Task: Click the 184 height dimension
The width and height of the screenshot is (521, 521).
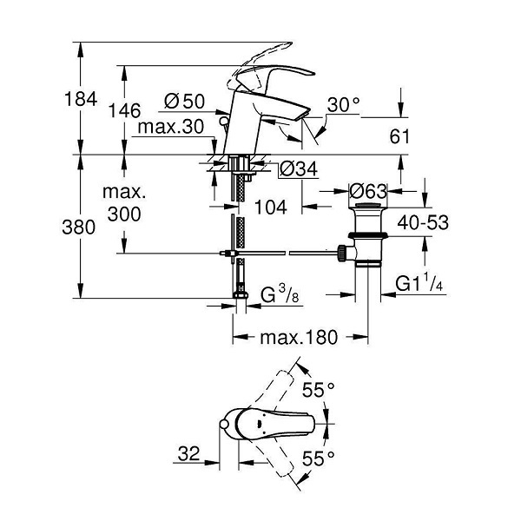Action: point(81,99)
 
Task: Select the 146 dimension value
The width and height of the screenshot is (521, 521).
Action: point(125,110)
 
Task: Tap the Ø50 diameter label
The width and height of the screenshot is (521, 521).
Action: point(185,102)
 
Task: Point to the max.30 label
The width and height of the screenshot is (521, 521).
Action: point(170,127)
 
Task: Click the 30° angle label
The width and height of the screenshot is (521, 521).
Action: point(343,105)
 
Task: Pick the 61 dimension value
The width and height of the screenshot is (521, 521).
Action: point(399,136)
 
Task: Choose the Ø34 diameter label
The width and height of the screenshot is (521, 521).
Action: point(299,168)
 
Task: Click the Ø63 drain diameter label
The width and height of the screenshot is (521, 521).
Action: point(368,191)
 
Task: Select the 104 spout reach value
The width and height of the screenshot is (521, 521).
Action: point(270,207)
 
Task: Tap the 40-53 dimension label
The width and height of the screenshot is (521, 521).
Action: point(423,222)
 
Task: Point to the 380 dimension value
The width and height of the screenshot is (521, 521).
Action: point(79,228)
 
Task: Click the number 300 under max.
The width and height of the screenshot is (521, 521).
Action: point(124,214)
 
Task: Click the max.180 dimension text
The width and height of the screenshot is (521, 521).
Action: point(299,337)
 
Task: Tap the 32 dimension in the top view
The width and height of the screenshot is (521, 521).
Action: point(188,453)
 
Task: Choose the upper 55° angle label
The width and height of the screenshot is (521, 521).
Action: point(319,389)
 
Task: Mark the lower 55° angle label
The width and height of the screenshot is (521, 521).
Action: point(319,458)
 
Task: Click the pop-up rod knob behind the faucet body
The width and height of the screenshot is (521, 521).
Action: point(225,121)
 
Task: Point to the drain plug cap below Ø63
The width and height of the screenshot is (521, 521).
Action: point(368,205)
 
